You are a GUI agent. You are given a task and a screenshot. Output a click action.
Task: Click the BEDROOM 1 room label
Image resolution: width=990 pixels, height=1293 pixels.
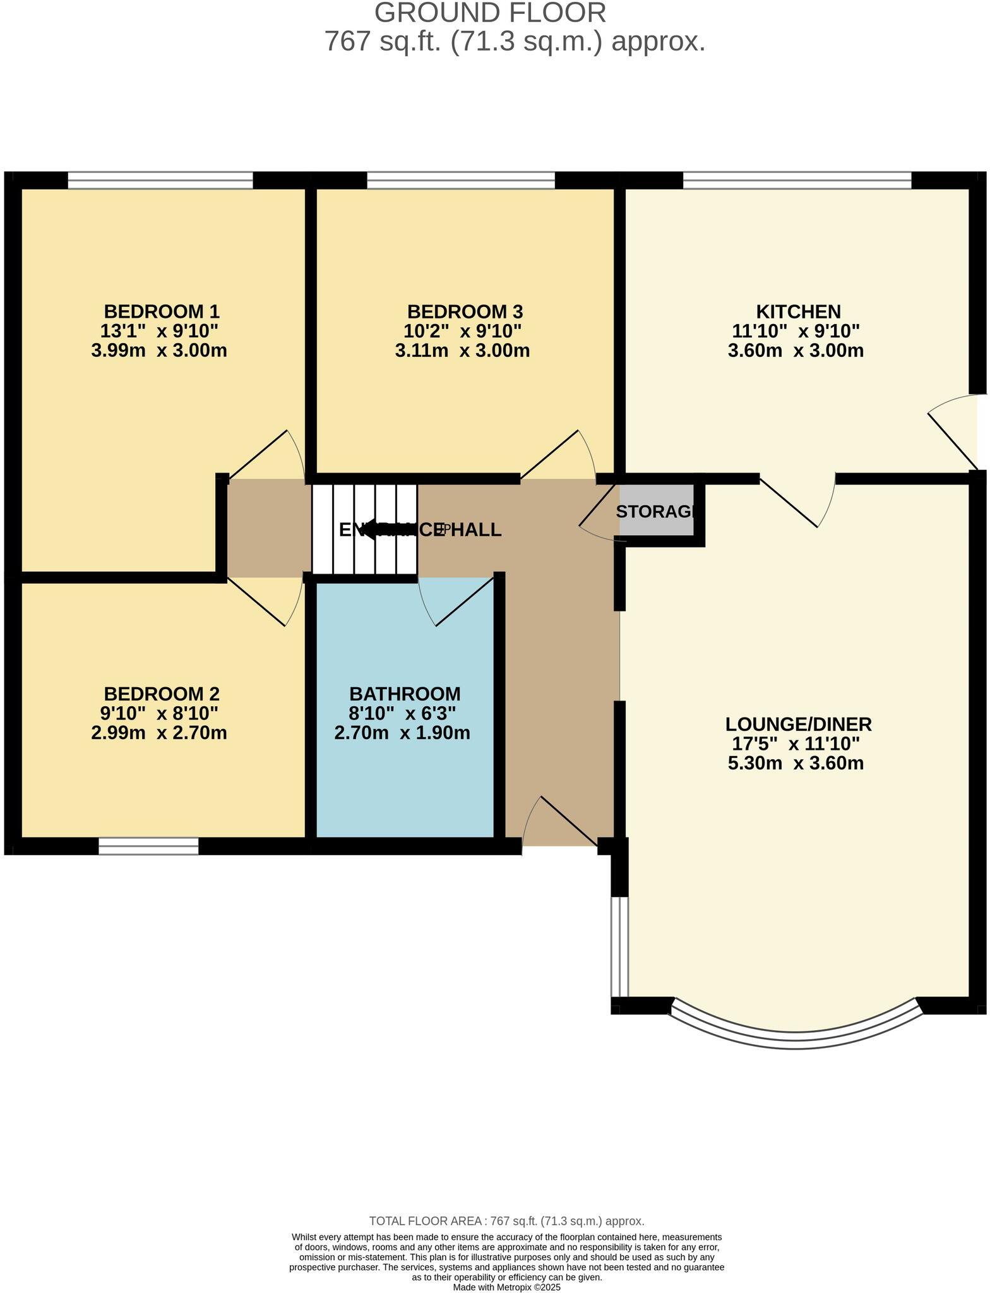point(162,311)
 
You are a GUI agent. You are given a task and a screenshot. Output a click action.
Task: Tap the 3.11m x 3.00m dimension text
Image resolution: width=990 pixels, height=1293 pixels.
point(462,351)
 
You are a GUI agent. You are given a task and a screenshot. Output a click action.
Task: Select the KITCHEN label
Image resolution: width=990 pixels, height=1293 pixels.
point(798,311)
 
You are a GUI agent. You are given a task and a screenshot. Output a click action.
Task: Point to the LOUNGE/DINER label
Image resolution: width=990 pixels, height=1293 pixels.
point(798,724)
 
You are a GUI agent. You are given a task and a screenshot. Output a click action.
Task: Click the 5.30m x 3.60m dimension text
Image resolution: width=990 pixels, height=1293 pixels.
point(796,763)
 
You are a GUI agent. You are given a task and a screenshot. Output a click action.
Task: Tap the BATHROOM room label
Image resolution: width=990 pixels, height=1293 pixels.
point(405,694)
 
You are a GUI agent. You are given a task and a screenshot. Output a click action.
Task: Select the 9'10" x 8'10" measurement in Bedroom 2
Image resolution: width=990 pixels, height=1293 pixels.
point(159,713)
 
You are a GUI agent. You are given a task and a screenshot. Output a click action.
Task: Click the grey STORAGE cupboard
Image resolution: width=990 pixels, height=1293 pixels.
point(657,512)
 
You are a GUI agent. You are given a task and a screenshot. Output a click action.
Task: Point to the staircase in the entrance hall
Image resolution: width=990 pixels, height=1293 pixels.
point(364,529)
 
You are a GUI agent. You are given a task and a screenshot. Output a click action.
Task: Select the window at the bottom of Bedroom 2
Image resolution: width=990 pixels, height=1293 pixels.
point(148,846)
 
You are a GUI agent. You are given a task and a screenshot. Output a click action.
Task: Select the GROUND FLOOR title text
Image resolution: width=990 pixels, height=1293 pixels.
point(490,13)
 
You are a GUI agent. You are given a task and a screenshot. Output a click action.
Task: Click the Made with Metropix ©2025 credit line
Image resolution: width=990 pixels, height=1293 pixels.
point(506,1287)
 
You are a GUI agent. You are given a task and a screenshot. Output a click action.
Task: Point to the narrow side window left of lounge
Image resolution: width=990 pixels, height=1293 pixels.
point(619,947)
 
